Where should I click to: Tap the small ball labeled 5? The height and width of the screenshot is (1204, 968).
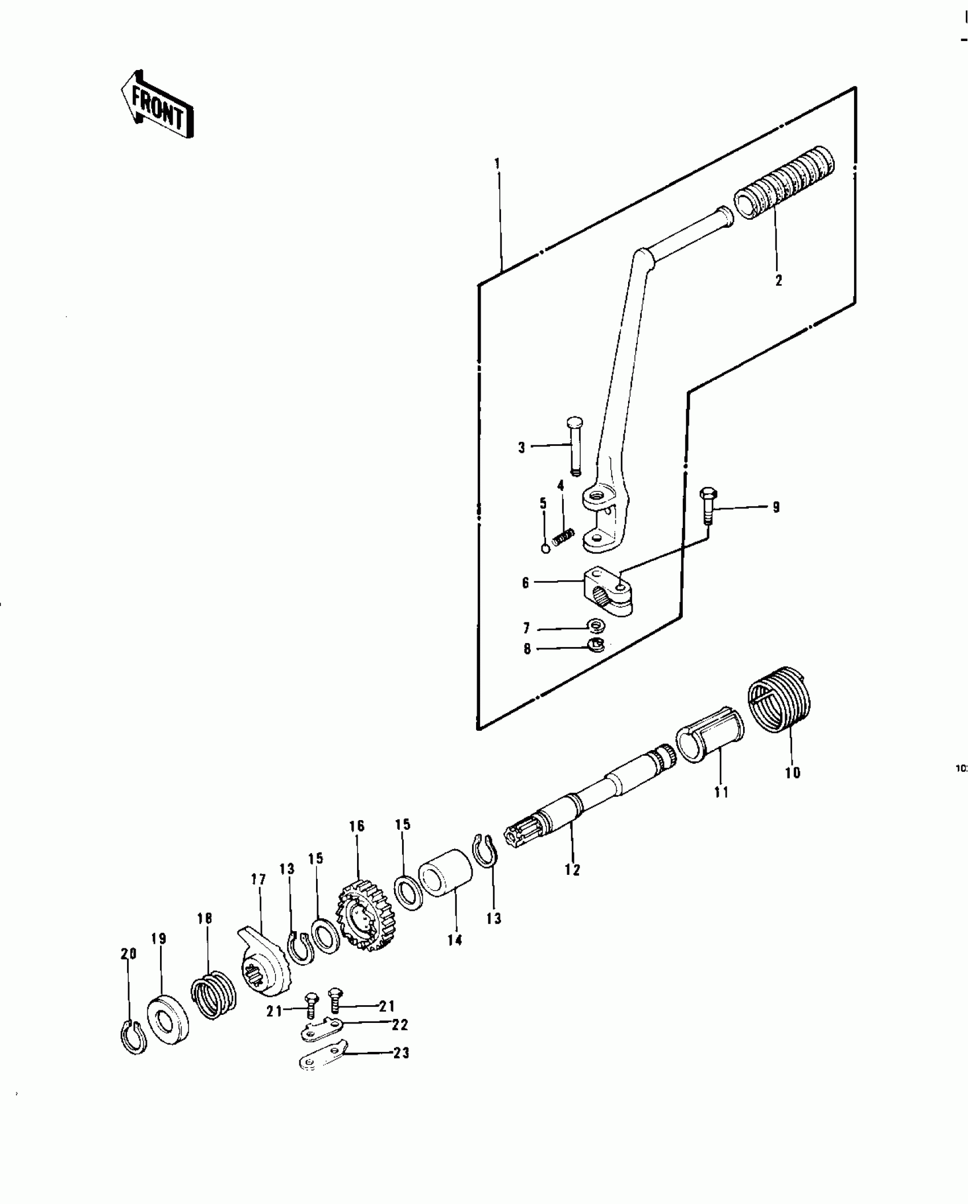(545, 548)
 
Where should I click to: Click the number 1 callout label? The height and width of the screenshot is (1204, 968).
(497, 164)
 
